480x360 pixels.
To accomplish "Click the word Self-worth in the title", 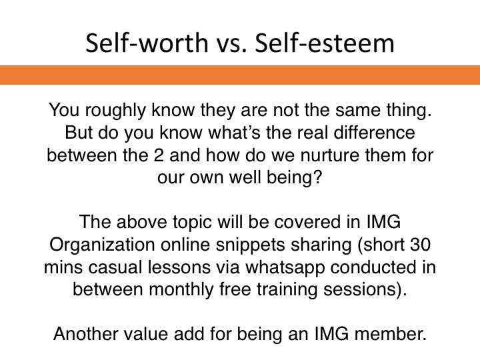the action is click(147, 43).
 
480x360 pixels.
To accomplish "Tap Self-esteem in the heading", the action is click(325, 43).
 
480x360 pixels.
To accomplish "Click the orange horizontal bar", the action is click(240, 75).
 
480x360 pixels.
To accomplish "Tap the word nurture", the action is click(330, 155).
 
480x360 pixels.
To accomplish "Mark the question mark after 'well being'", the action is click(317, 177).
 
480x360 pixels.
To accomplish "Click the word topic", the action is click(192, 222).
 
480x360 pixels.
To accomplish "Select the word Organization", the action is click(102, 245).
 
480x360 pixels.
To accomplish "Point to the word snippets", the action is click(250, 245).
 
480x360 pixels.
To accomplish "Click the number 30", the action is click(420, 245).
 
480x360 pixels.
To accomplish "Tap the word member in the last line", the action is click(387, 334).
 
